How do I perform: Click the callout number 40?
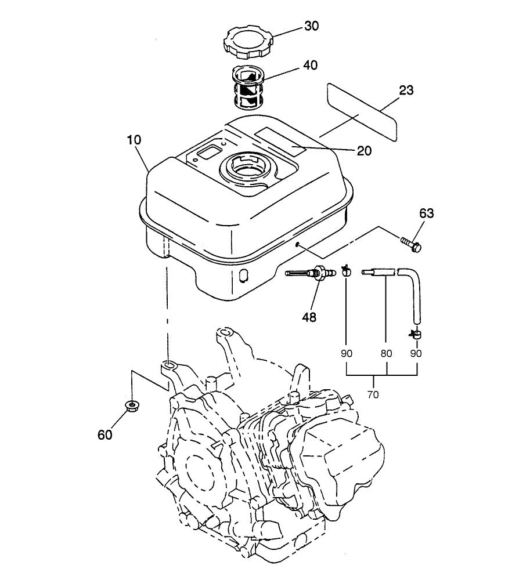click(x=310, y=66)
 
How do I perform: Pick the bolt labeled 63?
click(x=410, y=243)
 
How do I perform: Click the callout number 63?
click(x=426, y=213)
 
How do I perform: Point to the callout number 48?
click(x=309, y=317)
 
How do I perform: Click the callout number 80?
click(x=387, y=353)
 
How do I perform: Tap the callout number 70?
click(x=373, y=395)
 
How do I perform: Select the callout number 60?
click(x=105, y=435)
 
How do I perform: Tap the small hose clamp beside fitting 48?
click(x=347, y=270)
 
